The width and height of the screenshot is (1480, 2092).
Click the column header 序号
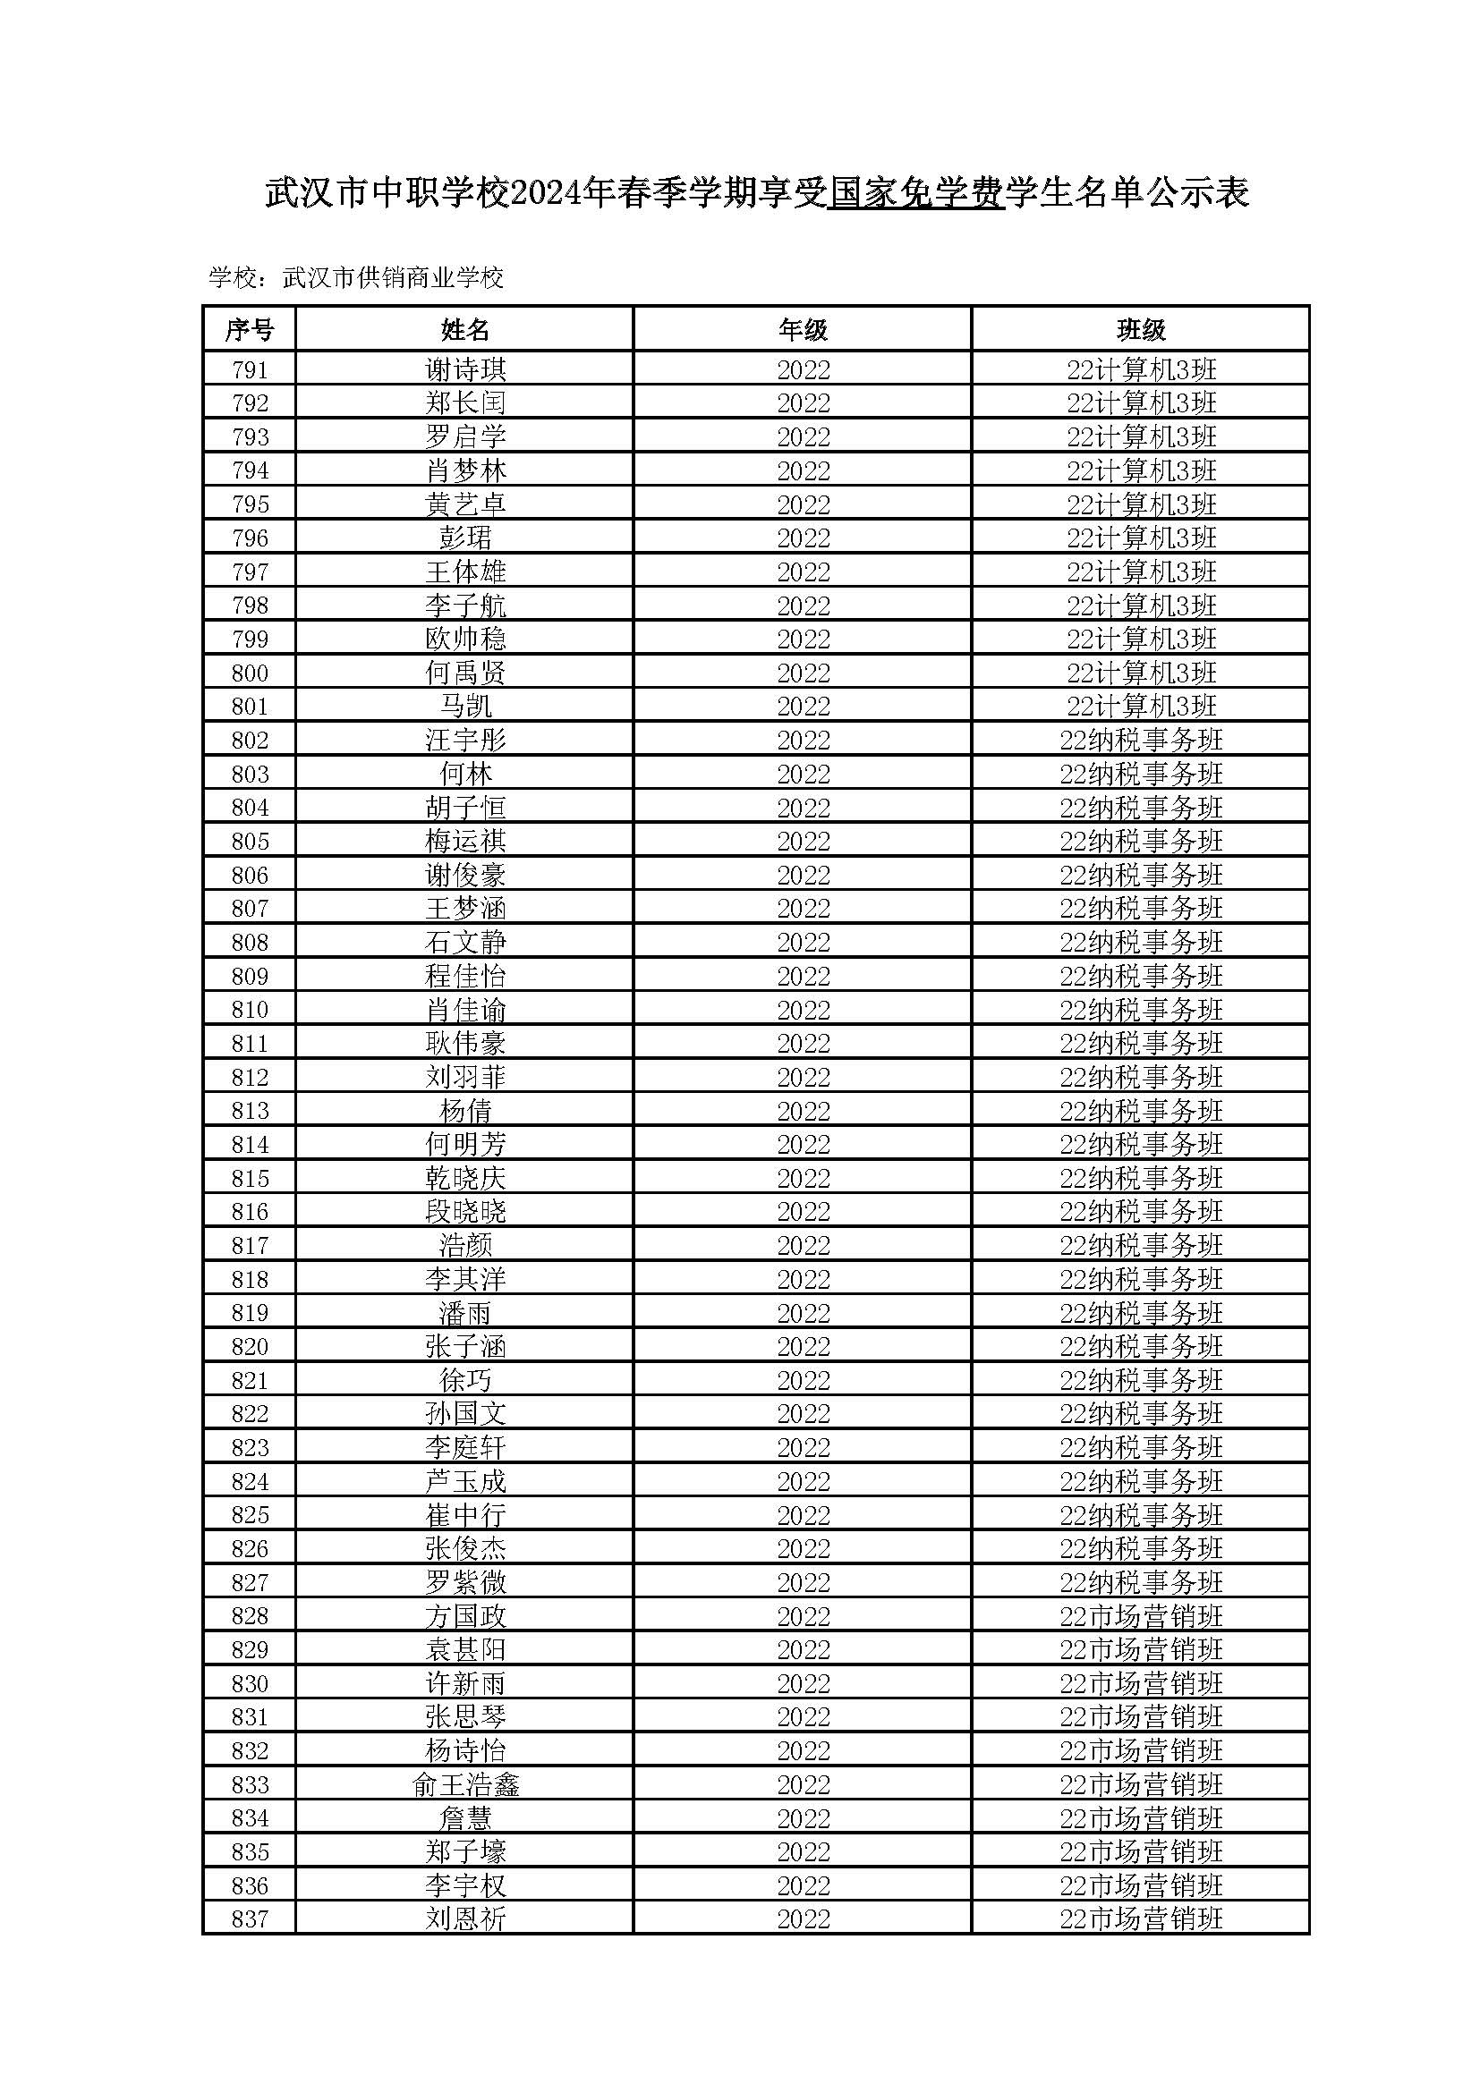click(x=249, y=329)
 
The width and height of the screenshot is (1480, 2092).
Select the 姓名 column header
click(x=464, y=329)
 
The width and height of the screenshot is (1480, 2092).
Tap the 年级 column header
click(x=803, y=329)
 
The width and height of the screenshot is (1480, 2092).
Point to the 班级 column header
click(x=1141, y=329)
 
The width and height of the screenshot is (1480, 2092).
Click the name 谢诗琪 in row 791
click(x=464, y=370)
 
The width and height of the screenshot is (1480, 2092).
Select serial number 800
click(x=250, y=673)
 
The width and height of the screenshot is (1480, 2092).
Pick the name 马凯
click(x=464, y=707)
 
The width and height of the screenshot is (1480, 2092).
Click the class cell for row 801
click(x=1141, y=707)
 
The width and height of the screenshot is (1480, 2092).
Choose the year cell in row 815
click(x=803, y=1178)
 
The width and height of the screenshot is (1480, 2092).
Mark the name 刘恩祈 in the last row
click(x=464, y=1918)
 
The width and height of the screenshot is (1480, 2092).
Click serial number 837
click(x=250, y=1918)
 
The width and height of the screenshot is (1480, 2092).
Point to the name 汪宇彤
click(x=464, y=740)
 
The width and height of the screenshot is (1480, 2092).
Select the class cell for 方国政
click(x=1141, y=1616)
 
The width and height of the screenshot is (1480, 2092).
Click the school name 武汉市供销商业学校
click(x=393, y=278)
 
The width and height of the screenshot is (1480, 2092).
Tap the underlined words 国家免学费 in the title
click(x=915, y=194)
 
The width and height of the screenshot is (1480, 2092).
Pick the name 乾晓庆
click(x=464, y=1178)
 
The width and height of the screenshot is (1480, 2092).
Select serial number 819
click(x=250, y=1313)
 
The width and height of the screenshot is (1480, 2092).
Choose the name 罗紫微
click(x=464, y=1583)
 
